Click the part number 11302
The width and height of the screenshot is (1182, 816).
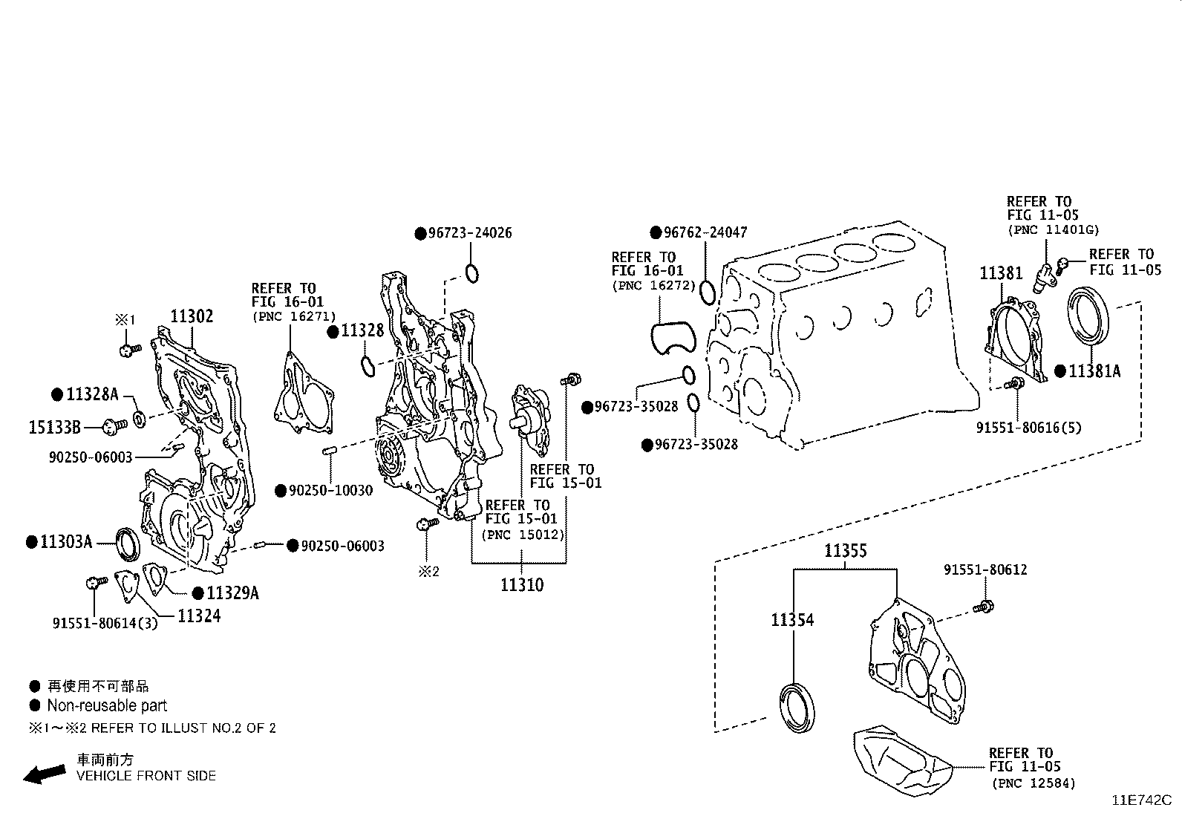(x=192, y=316)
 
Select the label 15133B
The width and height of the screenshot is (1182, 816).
(x=54, y=427)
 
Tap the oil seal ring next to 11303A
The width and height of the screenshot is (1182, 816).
(x=128, y=544)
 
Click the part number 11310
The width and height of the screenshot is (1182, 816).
(x=521, y=584)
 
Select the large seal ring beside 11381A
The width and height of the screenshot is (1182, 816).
(x=1090, y=317)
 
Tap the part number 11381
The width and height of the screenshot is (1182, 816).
(x=1001, y=273)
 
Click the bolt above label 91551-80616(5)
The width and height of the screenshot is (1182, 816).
(x=1014, y=384)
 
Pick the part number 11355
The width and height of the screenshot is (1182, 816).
(x=846, y=551)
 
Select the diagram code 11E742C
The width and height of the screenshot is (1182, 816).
(x=1140, y=800)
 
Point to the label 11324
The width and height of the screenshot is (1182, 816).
(x=198, y=616)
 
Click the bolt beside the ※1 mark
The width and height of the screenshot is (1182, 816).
(x=128, y=349)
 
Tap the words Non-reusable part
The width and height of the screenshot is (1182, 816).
(x=107, y=705)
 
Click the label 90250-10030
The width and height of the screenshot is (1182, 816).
(x=331, y=491)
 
